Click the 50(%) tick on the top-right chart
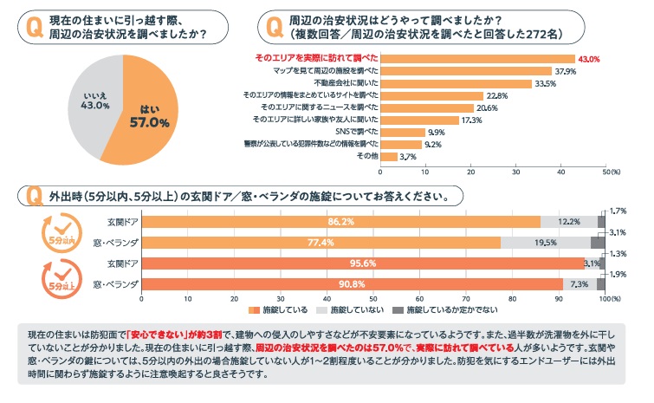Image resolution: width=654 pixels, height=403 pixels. [x=609, y=172]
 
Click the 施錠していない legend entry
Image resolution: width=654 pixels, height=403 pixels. [x=350, y=309]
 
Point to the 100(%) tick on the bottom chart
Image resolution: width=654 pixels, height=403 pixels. [x=607, y=298]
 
